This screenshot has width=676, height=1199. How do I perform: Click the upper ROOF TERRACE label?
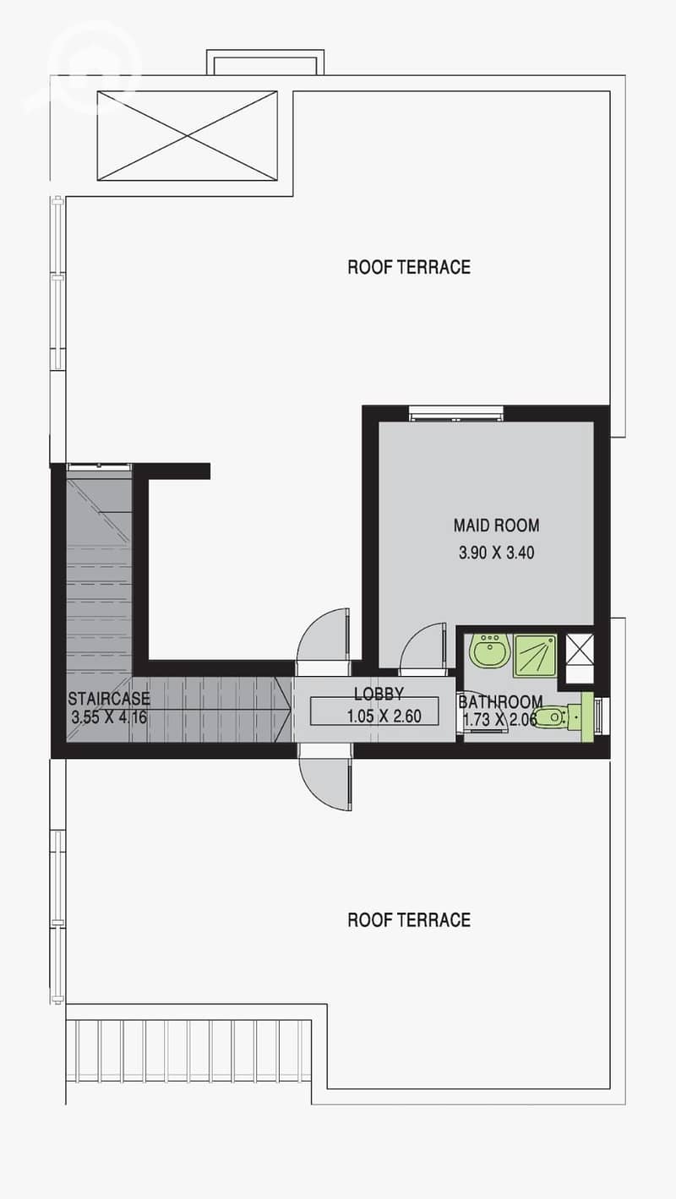[x=409, y=267]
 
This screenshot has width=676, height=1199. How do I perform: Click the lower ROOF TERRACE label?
[x=409, y=920]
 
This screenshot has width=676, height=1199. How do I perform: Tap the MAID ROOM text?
[x=496, y=525]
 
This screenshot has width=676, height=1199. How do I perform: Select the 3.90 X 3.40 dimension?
[x=496, y=553]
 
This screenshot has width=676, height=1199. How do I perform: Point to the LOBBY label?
[x=379, y=695]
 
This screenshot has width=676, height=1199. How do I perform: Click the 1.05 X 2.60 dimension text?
[x=384, y=717]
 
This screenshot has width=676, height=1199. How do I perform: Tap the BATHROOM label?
[x=500, y=701]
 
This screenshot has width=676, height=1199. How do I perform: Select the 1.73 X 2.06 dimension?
[x=499, y=720]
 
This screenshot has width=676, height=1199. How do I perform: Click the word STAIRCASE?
[x=109, y=699]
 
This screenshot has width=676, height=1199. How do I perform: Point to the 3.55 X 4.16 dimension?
[x=109, y=717]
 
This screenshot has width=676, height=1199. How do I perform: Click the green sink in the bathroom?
[x=488, y=651]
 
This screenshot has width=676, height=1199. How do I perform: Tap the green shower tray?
[x=535, y=657]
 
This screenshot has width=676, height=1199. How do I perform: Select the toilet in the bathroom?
[x=557, y=717]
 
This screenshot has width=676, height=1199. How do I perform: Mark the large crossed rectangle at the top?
[x=188, y=135]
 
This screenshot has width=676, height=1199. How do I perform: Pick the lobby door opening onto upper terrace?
[x=324, y=636]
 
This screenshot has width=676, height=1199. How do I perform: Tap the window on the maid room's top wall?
[x=456, y=413]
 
